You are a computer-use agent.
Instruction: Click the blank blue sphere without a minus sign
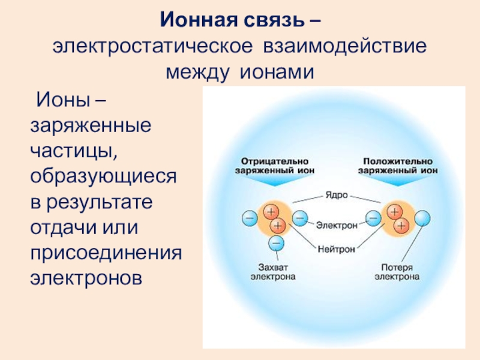pos(424,217)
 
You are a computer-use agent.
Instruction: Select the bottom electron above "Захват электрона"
pos(276,242)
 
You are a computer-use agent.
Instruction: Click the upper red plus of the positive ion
pos(394,211)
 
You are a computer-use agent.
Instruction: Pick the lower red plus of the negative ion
pos(277,226)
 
